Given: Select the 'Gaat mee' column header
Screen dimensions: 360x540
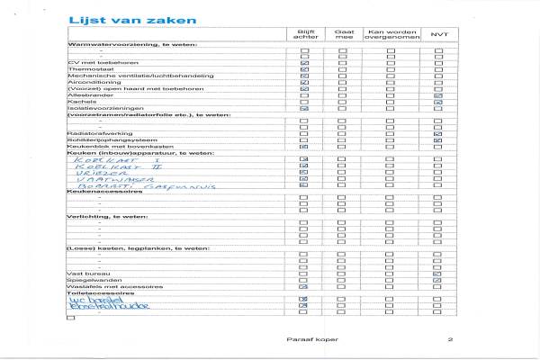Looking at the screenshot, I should (343, 33).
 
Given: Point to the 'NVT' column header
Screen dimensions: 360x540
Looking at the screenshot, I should (438, 33).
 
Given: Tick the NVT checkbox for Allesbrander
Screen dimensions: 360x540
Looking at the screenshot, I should (438, 95).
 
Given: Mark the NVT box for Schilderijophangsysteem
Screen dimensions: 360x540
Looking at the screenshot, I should (438, 140).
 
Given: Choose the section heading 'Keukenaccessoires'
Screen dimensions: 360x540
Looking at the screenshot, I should (105, 192).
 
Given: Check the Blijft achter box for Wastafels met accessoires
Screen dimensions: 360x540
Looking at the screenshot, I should (304, 286).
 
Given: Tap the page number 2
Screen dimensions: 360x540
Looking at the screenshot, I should (451, 338).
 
